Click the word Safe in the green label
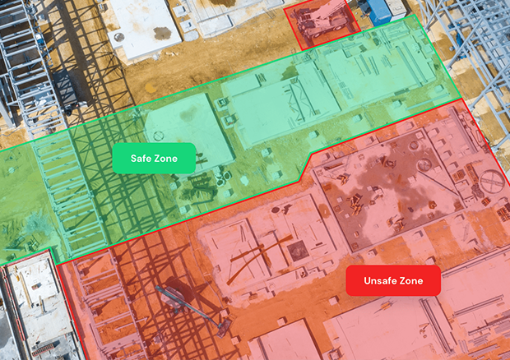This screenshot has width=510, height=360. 141,158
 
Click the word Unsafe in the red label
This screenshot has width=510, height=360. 379,281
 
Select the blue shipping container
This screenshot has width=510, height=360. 377,10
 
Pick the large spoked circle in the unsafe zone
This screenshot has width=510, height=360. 491,178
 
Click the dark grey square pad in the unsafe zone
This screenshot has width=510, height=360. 297,249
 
